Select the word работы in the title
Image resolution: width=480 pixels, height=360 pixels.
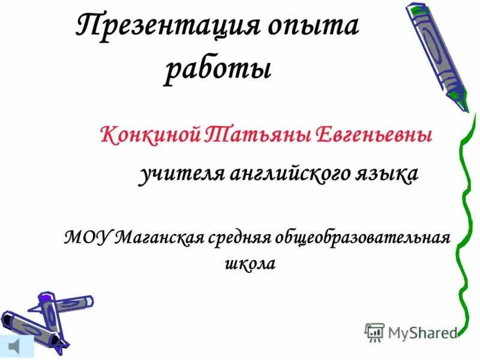tap(218, 70)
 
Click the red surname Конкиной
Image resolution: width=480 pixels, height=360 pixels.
tap(150, 134)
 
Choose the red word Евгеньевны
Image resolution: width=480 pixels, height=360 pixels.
tap(373, 134)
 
